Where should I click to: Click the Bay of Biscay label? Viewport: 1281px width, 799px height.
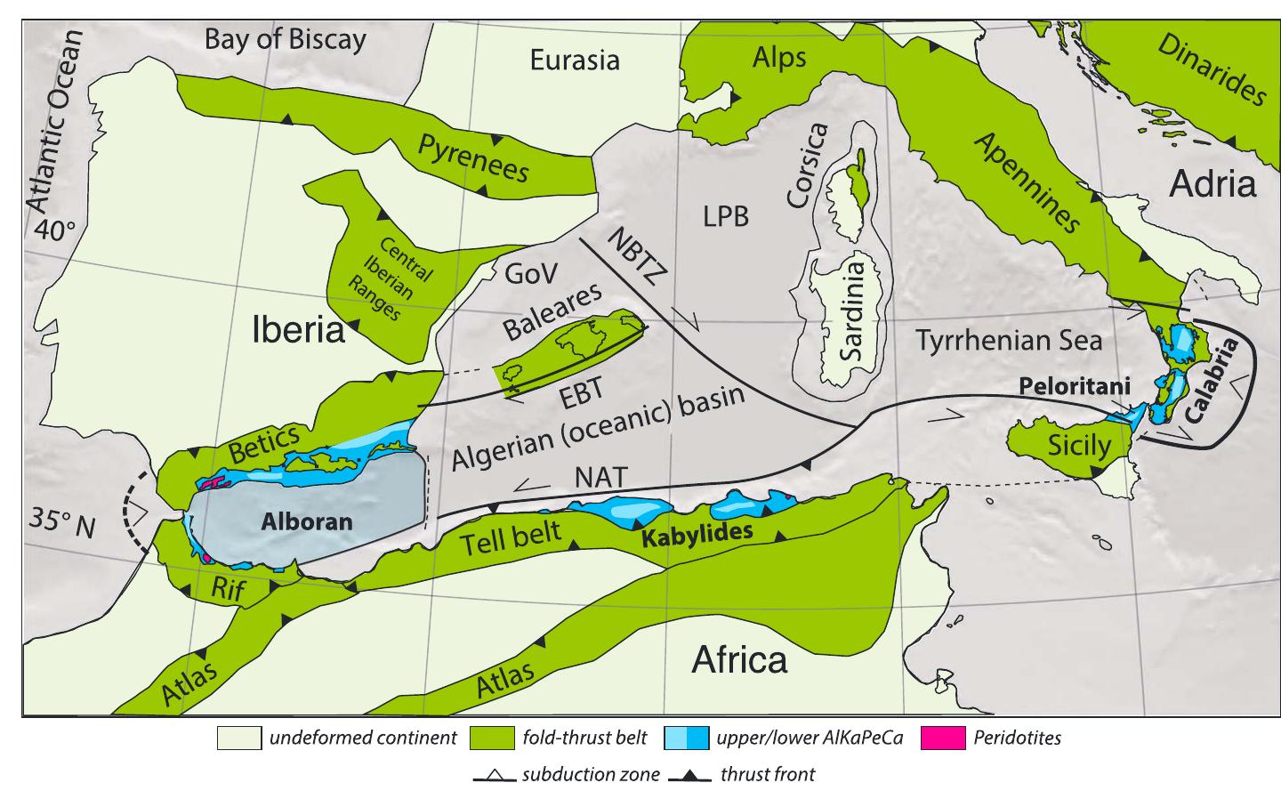[285, 40]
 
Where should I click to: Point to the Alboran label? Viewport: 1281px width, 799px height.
[307, 522]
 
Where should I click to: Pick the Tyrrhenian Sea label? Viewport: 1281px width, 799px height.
[1009, 340]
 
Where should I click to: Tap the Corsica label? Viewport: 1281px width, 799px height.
[808, 165]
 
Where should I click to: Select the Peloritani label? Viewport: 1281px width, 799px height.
[1075, 387]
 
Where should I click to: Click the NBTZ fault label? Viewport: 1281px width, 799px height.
[637, 254]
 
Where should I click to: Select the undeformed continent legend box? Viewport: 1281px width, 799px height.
[239, 738]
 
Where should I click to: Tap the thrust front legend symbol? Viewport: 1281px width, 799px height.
[690, 775]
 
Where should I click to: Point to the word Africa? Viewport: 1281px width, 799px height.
[739, 660]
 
